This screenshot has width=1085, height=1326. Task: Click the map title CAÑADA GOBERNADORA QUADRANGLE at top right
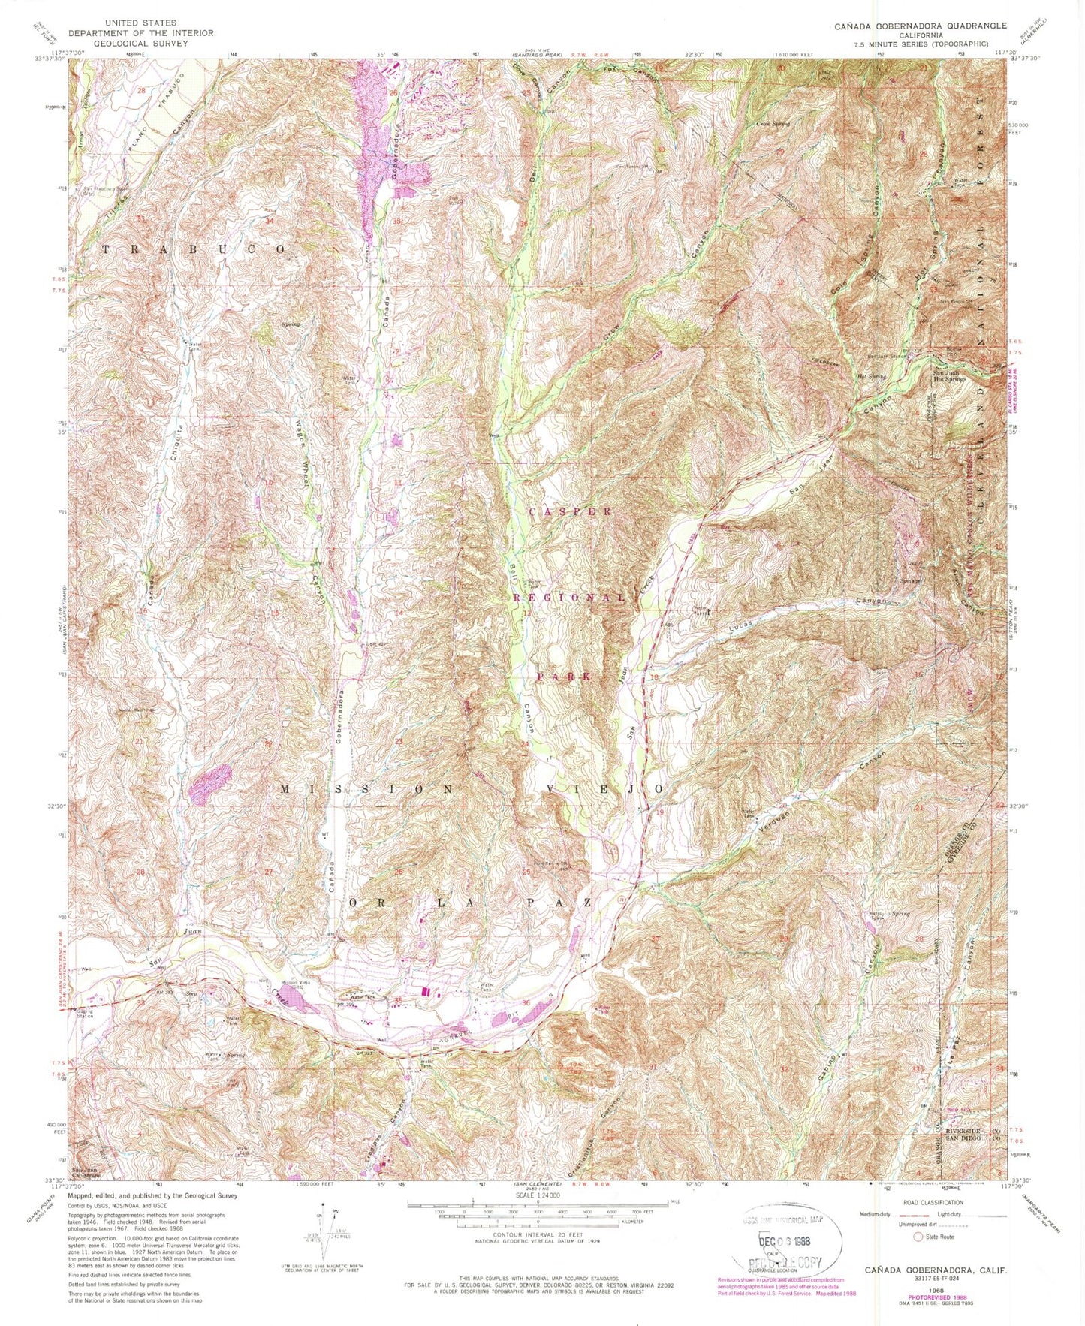(x=921, y=26)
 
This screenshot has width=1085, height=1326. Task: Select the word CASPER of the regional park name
(x=571, y=511)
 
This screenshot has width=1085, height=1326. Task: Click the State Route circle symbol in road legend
(x=917, y=1237)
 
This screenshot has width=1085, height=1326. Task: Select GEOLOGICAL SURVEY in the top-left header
(x=140, y=43)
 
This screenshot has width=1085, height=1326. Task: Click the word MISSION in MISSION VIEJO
(x=368, y=789)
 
